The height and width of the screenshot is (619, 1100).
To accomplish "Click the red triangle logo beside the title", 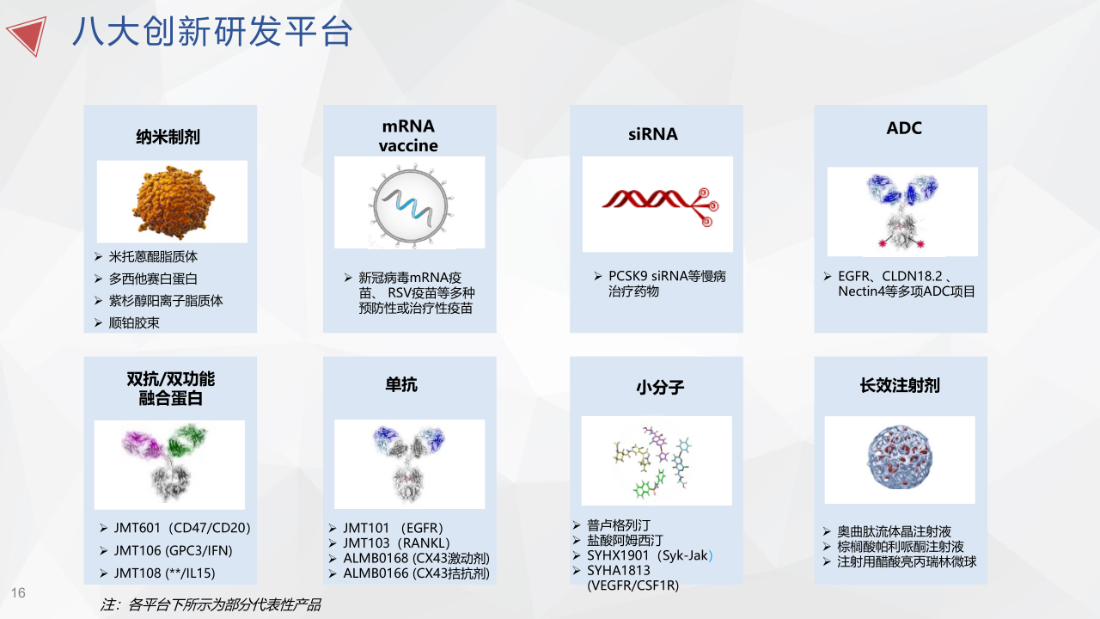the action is [x=29, y=34].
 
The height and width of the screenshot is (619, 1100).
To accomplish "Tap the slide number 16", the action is [x=18, y=593].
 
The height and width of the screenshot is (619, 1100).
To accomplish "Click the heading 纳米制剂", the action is [x=168, y=137].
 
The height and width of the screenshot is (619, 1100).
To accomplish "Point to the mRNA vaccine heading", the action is [x=408, y=136].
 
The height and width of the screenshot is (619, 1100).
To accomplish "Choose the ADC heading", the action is [x=904, y=128].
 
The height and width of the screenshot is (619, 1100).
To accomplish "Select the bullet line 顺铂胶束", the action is [x=134, y=322].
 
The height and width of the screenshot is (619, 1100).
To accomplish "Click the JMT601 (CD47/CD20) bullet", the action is [x=182, y=528].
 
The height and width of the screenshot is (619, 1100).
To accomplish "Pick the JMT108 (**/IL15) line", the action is [x=164, y=573].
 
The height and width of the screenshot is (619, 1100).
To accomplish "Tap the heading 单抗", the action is [x=401, y=384].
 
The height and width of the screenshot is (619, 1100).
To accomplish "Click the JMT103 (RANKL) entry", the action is [x=396, y=543].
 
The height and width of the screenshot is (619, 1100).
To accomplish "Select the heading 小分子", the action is [x=660, y=388].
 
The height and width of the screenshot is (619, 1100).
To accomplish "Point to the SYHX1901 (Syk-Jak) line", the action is [x=650, y=555].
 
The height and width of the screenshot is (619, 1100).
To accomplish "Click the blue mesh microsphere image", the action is [x=900, y=457].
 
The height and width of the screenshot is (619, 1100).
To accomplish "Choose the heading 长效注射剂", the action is [x=900, y=386].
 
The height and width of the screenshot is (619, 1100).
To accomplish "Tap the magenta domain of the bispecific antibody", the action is [x=143, y=444].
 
